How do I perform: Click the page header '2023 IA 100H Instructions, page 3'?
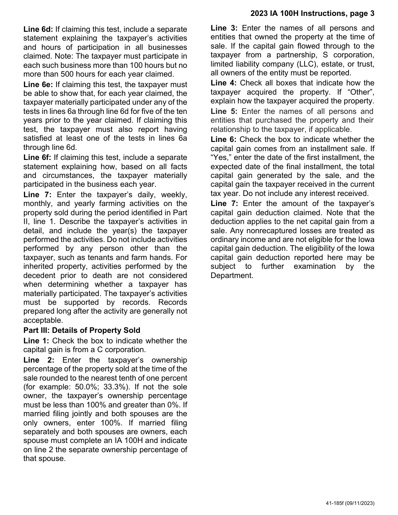click(x=312, y=13)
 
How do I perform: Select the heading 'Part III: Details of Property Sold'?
click(x=82, y=330)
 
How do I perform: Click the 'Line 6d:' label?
click(x=38, y=29)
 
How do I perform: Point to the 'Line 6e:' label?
click(x=38, y=85)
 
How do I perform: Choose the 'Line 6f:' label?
click(x=38, y=157)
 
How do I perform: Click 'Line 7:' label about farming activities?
click(x=36, y=194)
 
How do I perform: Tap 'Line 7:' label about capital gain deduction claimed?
click(x=224, y=203)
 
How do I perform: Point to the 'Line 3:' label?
click(x=224, y=28)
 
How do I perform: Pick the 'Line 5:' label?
click(x=224, y=111)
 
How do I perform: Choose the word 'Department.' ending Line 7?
click(x=232, y=276)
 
